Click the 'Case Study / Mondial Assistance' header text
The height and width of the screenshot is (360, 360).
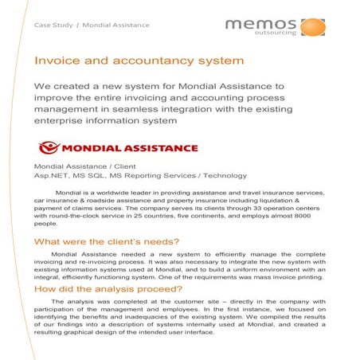point(91,25)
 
